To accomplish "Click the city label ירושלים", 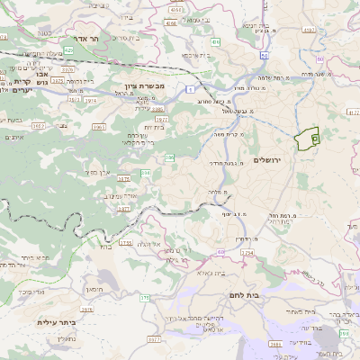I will click(268, 159).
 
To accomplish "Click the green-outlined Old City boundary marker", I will click(308, 139).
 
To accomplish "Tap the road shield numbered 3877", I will click(124, 208).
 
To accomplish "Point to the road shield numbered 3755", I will click(125, 242).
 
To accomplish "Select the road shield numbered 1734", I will click(246, 252).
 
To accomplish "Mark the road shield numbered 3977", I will click(153, 339).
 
